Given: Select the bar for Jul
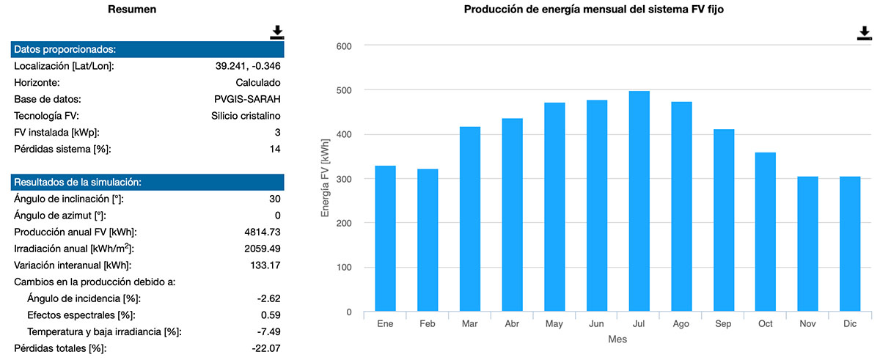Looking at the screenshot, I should [639, 201].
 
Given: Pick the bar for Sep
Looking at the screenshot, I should [723, 220].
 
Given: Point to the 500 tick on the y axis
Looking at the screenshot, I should [344, 90].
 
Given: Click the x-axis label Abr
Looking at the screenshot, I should [512, 323].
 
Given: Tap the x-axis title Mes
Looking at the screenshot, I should [617, 340].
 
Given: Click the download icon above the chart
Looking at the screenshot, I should [865, 34].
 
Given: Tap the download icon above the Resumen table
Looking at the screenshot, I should [276, 32].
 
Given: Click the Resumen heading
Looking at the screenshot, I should [131, 10].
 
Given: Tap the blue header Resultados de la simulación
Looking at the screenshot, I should [147, 182].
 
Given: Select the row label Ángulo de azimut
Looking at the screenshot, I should [60, 216].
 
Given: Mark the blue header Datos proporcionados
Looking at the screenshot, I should [147, 50].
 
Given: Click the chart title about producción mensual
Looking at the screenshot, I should [595, 10].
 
